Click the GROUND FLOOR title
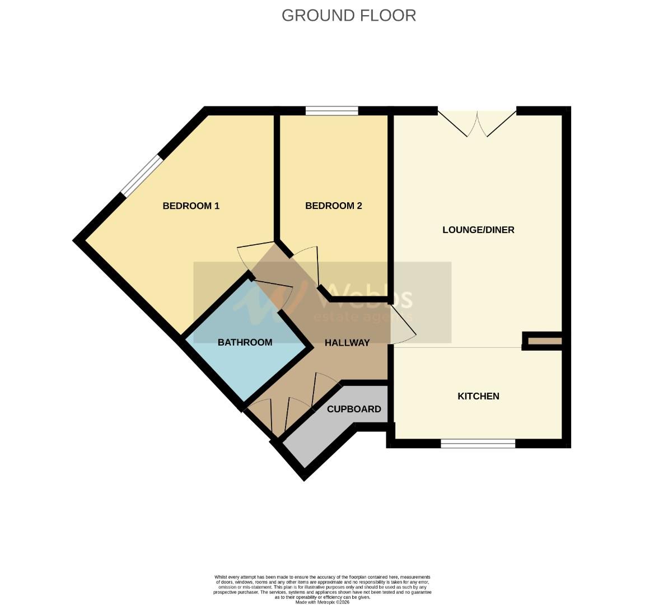pyautogui.click(x=348, y=15)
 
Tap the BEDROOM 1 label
pyautogui.click(x=191, y=206)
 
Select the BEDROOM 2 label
pyautogui.click(x=333, y=206)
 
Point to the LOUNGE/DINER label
pyautogui.click(x=478, y=230)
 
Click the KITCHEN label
pyautogui.click(x=478, y=396)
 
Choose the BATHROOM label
pyautogui.click(x=245, y=342)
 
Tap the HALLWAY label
pyautogui.click(x=347, y=343)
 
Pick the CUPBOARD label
pyautogui.click(x=354, y=409)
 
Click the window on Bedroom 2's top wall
pyautogui.click(x=331, y=111)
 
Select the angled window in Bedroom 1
pyautogui.click(x=141, y=175)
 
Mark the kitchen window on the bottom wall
pyautogui.click(x=478, y=444)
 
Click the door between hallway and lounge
pyautogui.click(x=402, y=326)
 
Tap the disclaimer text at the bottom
pyautogui.click(x=322, y=587)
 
